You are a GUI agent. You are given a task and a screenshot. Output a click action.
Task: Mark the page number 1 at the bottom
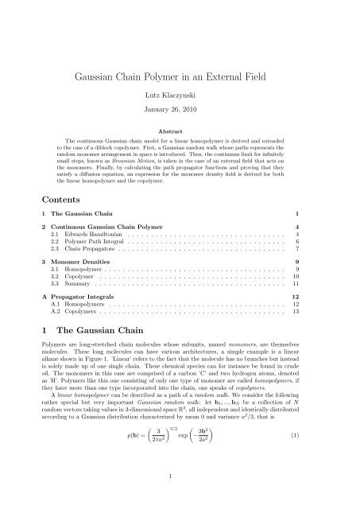tap(180, 499)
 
